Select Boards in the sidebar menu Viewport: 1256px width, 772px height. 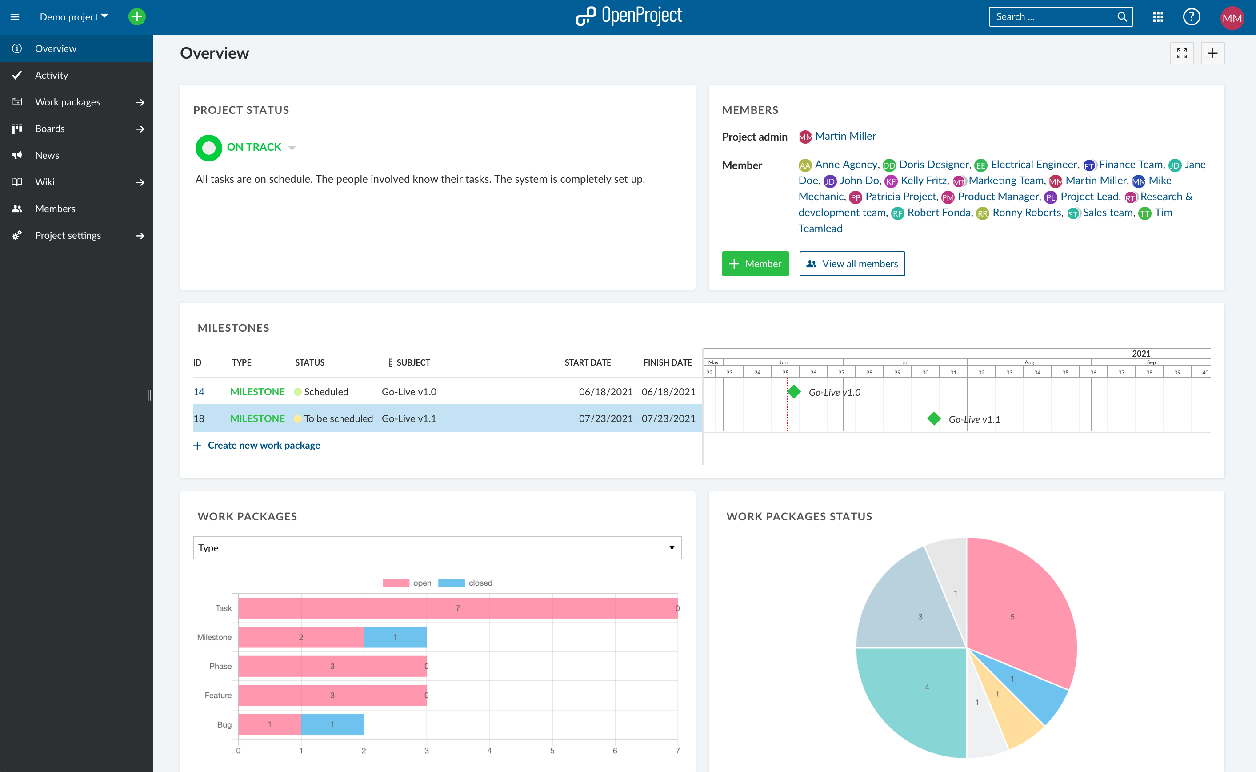pos(49,129)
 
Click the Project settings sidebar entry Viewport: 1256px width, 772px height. pos(68,235)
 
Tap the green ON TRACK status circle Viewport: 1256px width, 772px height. pos(208,148)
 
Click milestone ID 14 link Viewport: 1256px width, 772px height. pos(199,392)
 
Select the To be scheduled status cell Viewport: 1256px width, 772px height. pos(338,418)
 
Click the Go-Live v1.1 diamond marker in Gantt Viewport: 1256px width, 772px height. pos(934,418)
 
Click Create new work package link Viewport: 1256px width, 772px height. pos(263,445)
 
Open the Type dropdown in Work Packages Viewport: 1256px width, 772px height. pos(437,548)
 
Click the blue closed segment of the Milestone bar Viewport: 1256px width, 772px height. pos(395,637)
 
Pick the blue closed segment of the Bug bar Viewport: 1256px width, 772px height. pos(332,724)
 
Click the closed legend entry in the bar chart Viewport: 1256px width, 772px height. pos(465,583)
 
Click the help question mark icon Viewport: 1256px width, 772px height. pos(1191,17)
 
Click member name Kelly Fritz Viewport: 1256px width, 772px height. pos(924,181)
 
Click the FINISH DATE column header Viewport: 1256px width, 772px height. pos(667,362)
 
